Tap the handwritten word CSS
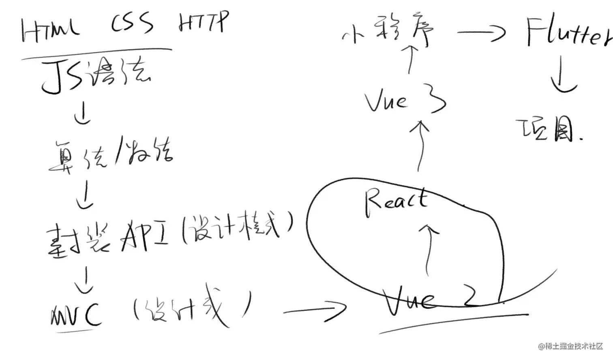coord(132,24)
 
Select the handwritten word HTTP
coord(204,22)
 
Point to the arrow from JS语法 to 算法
coord(83,114)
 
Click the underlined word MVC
coord(75,314)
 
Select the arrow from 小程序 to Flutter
coord(481,32)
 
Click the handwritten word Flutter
coord(568,32)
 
